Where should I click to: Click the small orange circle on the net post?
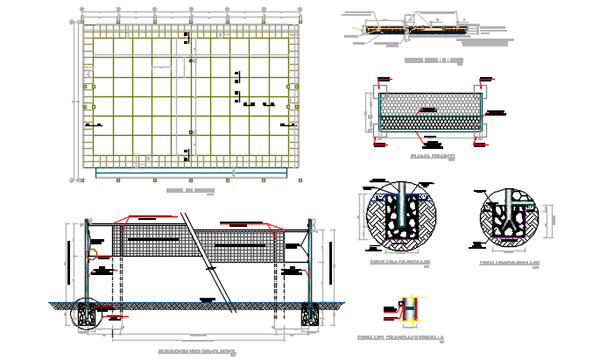click(x=92, y=256)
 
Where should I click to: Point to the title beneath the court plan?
click(x=190, y=190)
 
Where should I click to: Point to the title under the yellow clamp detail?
click(x=400, y=337)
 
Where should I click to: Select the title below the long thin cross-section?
click(x=434, y=60)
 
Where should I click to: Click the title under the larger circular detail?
click(x=400, y=262)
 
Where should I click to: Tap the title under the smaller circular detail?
click(x=509, y=262)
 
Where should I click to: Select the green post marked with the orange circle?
click(x=87, y=263)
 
